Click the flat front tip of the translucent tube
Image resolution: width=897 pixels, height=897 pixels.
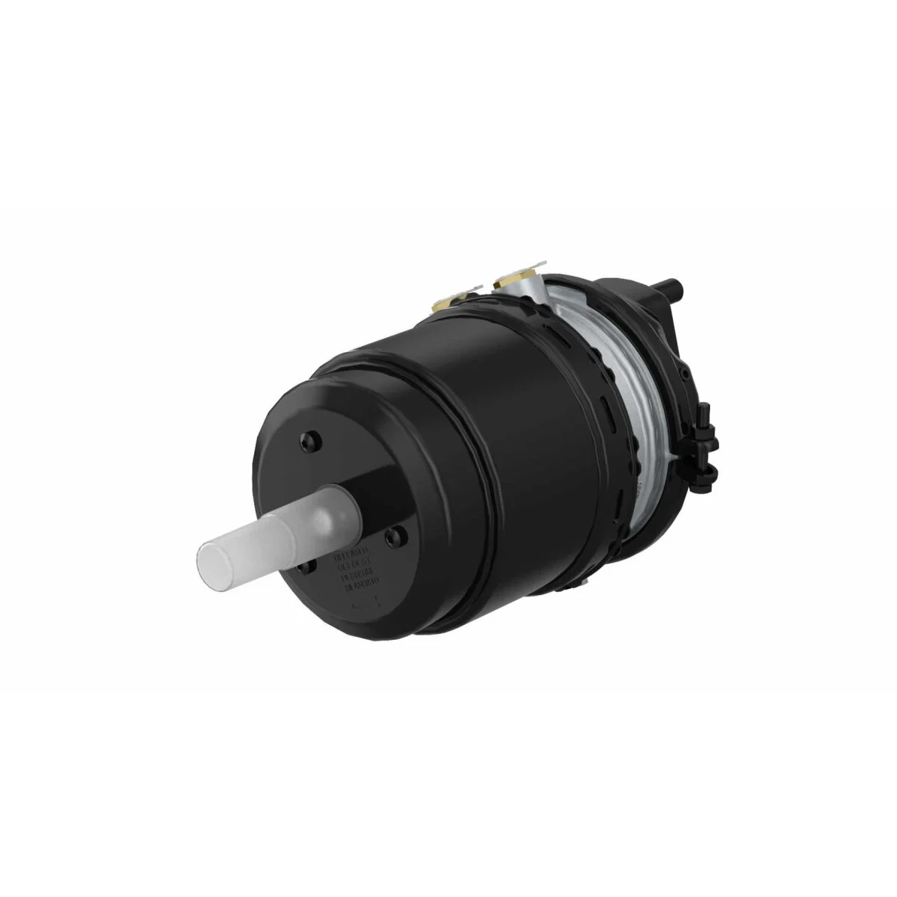tap(212, 558)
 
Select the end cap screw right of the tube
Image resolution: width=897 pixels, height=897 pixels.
tap(395, 533)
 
